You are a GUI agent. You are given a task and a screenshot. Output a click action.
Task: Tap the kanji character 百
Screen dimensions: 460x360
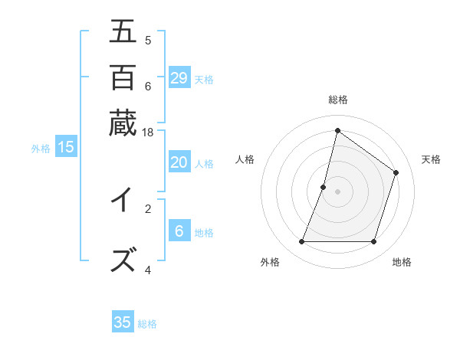tap(123, 77)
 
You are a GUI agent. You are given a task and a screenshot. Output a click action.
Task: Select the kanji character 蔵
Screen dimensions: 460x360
tap(123, 122)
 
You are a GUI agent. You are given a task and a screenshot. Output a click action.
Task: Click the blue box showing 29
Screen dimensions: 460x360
tap(179, 77)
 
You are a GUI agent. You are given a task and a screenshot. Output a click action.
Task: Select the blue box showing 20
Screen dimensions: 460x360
tap(179, 162)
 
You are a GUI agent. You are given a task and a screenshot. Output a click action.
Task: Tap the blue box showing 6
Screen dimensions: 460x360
tap(179, 231)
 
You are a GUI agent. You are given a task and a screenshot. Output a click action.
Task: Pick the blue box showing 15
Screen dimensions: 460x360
tap(66, 147)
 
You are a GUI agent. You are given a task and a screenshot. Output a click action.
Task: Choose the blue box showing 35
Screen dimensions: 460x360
tap(123, 322)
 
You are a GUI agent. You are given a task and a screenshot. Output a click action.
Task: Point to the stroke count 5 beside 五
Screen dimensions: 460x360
tap(148, 40)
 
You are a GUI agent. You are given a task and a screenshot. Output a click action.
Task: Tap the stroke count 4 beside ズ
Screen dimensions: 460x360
tap(148, 270)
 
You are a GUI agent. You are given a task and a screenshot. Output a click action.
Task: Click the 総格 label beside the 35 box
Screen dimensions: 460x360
tap(148, 324)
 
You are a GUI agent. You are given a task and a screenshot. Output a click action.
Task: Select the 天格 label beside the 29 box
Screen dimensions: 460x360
tap(204, 79)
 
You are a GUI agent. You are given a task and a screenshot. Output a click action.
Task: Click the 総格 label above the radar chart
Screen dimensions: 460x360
tap(337, 100)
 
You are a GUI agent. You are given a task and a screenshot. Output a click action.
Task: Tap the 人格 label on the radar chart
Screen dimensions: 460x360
tap(245, 159)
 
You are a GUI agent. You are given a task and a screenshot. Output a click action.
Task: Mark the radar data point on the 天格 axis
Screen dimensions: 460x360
tap(396, 172)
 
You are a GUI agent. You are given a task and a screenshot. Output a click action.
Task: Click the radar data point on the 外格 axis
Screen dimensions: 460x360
tap(301, 242)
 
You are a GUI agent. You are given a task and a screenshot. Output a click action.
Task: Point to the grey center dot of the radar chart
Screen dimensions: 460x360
tap(337, 191)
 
